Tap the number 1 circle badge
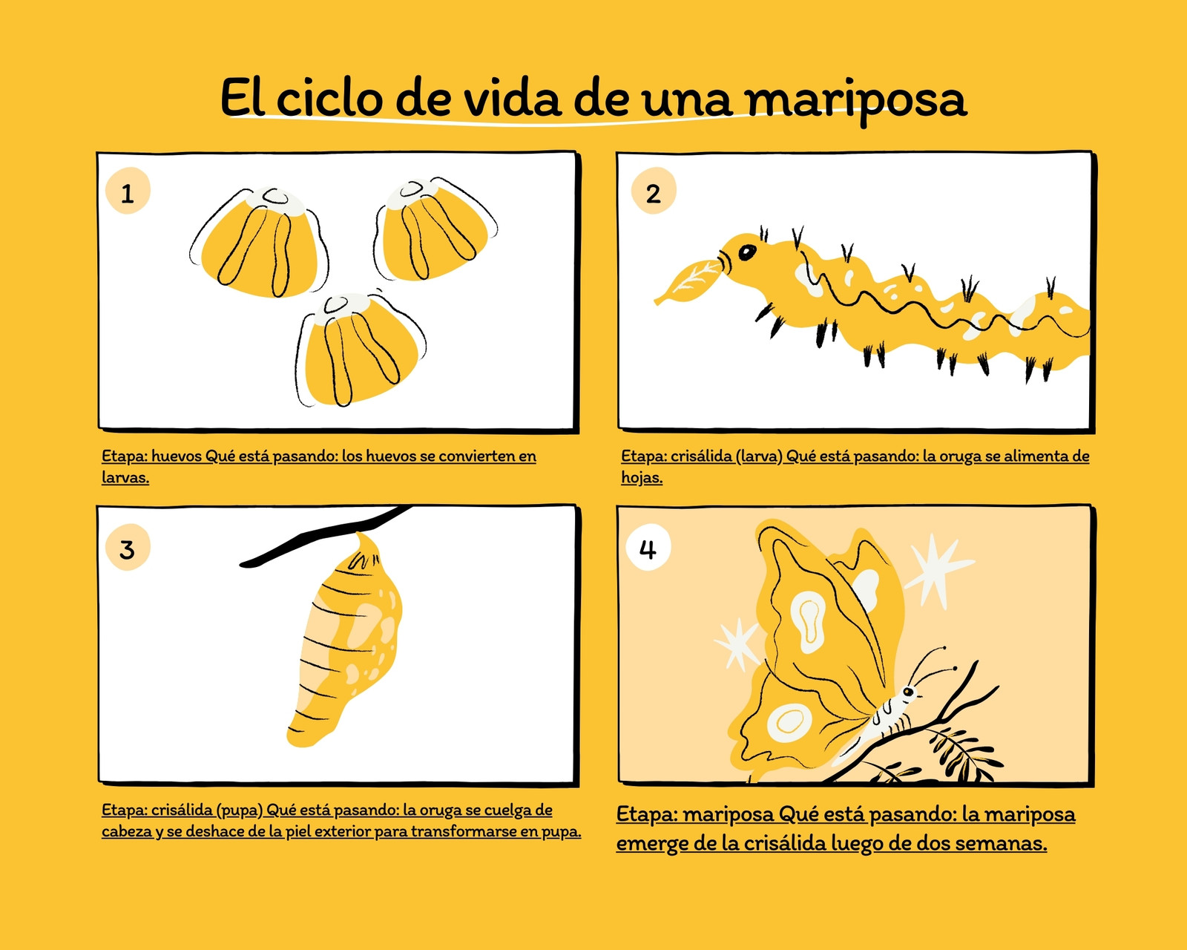tap(128, 191)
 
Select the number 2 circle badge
tap(654, 191)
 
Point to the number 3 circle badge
tap(128, 547)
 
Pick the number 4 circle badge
tap(648, 547)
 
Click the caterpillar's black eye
tap(747, 252)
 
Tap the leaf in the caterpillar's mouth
tap(687, 281)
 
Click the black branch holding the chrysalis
tap(326, 535)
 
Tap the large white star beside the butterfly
tap(937, 571)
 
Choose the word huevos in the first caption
tap(176, 456)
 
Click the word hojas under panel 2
tap(642, 478)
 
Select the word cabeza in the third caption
tap(127, 831)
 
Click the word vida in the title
tap(512, 98)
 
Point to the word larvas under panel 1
tap(125, 477)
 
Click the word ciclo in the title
tap(329, 98)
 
